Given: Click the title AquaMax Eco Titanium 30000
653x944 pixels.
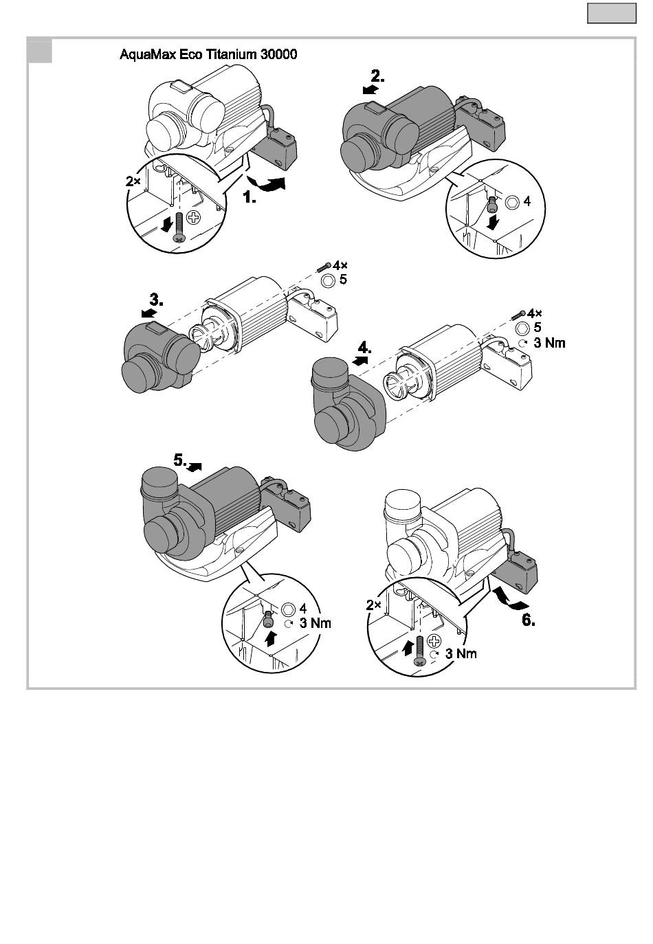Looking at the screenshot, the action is [x=208, y=54].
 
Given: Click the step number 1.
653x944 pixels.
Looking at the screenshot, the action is [x=250, y=196].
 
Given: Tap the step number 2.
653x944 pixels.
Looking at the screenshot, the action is [x=377, y=76].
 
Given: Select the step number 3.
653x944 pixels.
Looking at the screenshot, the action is [x=156, y=300].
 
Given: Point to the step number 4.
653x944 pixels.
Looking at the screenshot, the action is [x=365, y=348].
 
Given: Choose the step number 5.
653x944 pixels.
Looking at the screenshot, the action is [x=180, y=460].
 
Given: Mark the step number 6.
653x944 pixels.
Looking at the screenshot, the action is [x=529, y=620].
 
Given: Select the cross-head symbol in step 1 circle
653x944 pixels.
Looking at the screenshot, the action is [x=194, y=218].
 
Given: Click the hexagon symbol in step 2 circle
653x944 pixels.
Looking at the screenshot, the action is [x=511, y=202].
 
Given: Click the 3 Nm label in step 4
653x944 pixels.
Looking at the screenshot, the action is [x=549, y=343].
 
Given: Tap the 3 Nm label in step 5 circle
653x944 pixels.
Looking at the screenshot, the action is [x=316, y=623].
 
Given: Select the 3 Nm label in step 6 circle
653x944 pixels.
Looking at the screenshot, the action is [x=461, y=653].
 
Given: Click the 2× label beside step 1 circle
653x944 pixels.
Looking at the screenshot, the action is [x=133, y=181].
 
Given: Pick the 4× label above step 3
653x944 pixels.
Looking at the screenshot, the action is [x=340, y=265].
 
